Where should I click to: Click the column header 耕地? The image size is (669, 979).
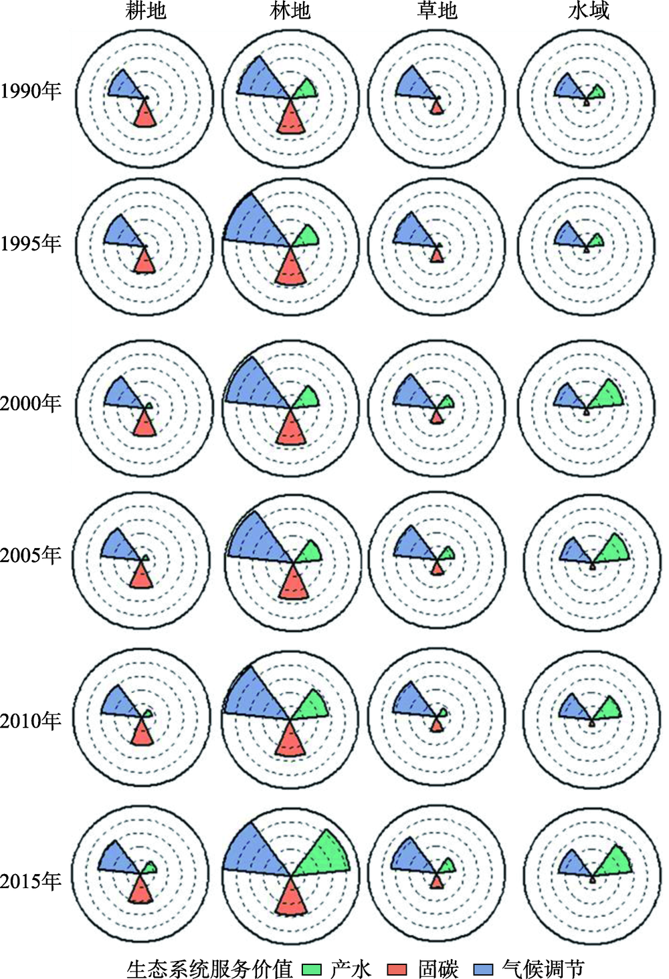146,11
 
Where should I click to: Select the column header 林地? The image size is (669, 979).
290,11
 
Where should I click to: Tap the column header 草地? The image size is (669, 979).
437,11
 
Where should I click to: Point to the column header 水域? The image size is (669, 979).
589,11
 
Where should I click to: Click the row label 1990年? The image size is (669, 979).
31,90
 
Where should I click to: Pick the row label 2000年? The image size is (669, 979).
31,403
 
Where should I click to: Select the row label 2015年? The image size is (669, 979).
31,881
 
